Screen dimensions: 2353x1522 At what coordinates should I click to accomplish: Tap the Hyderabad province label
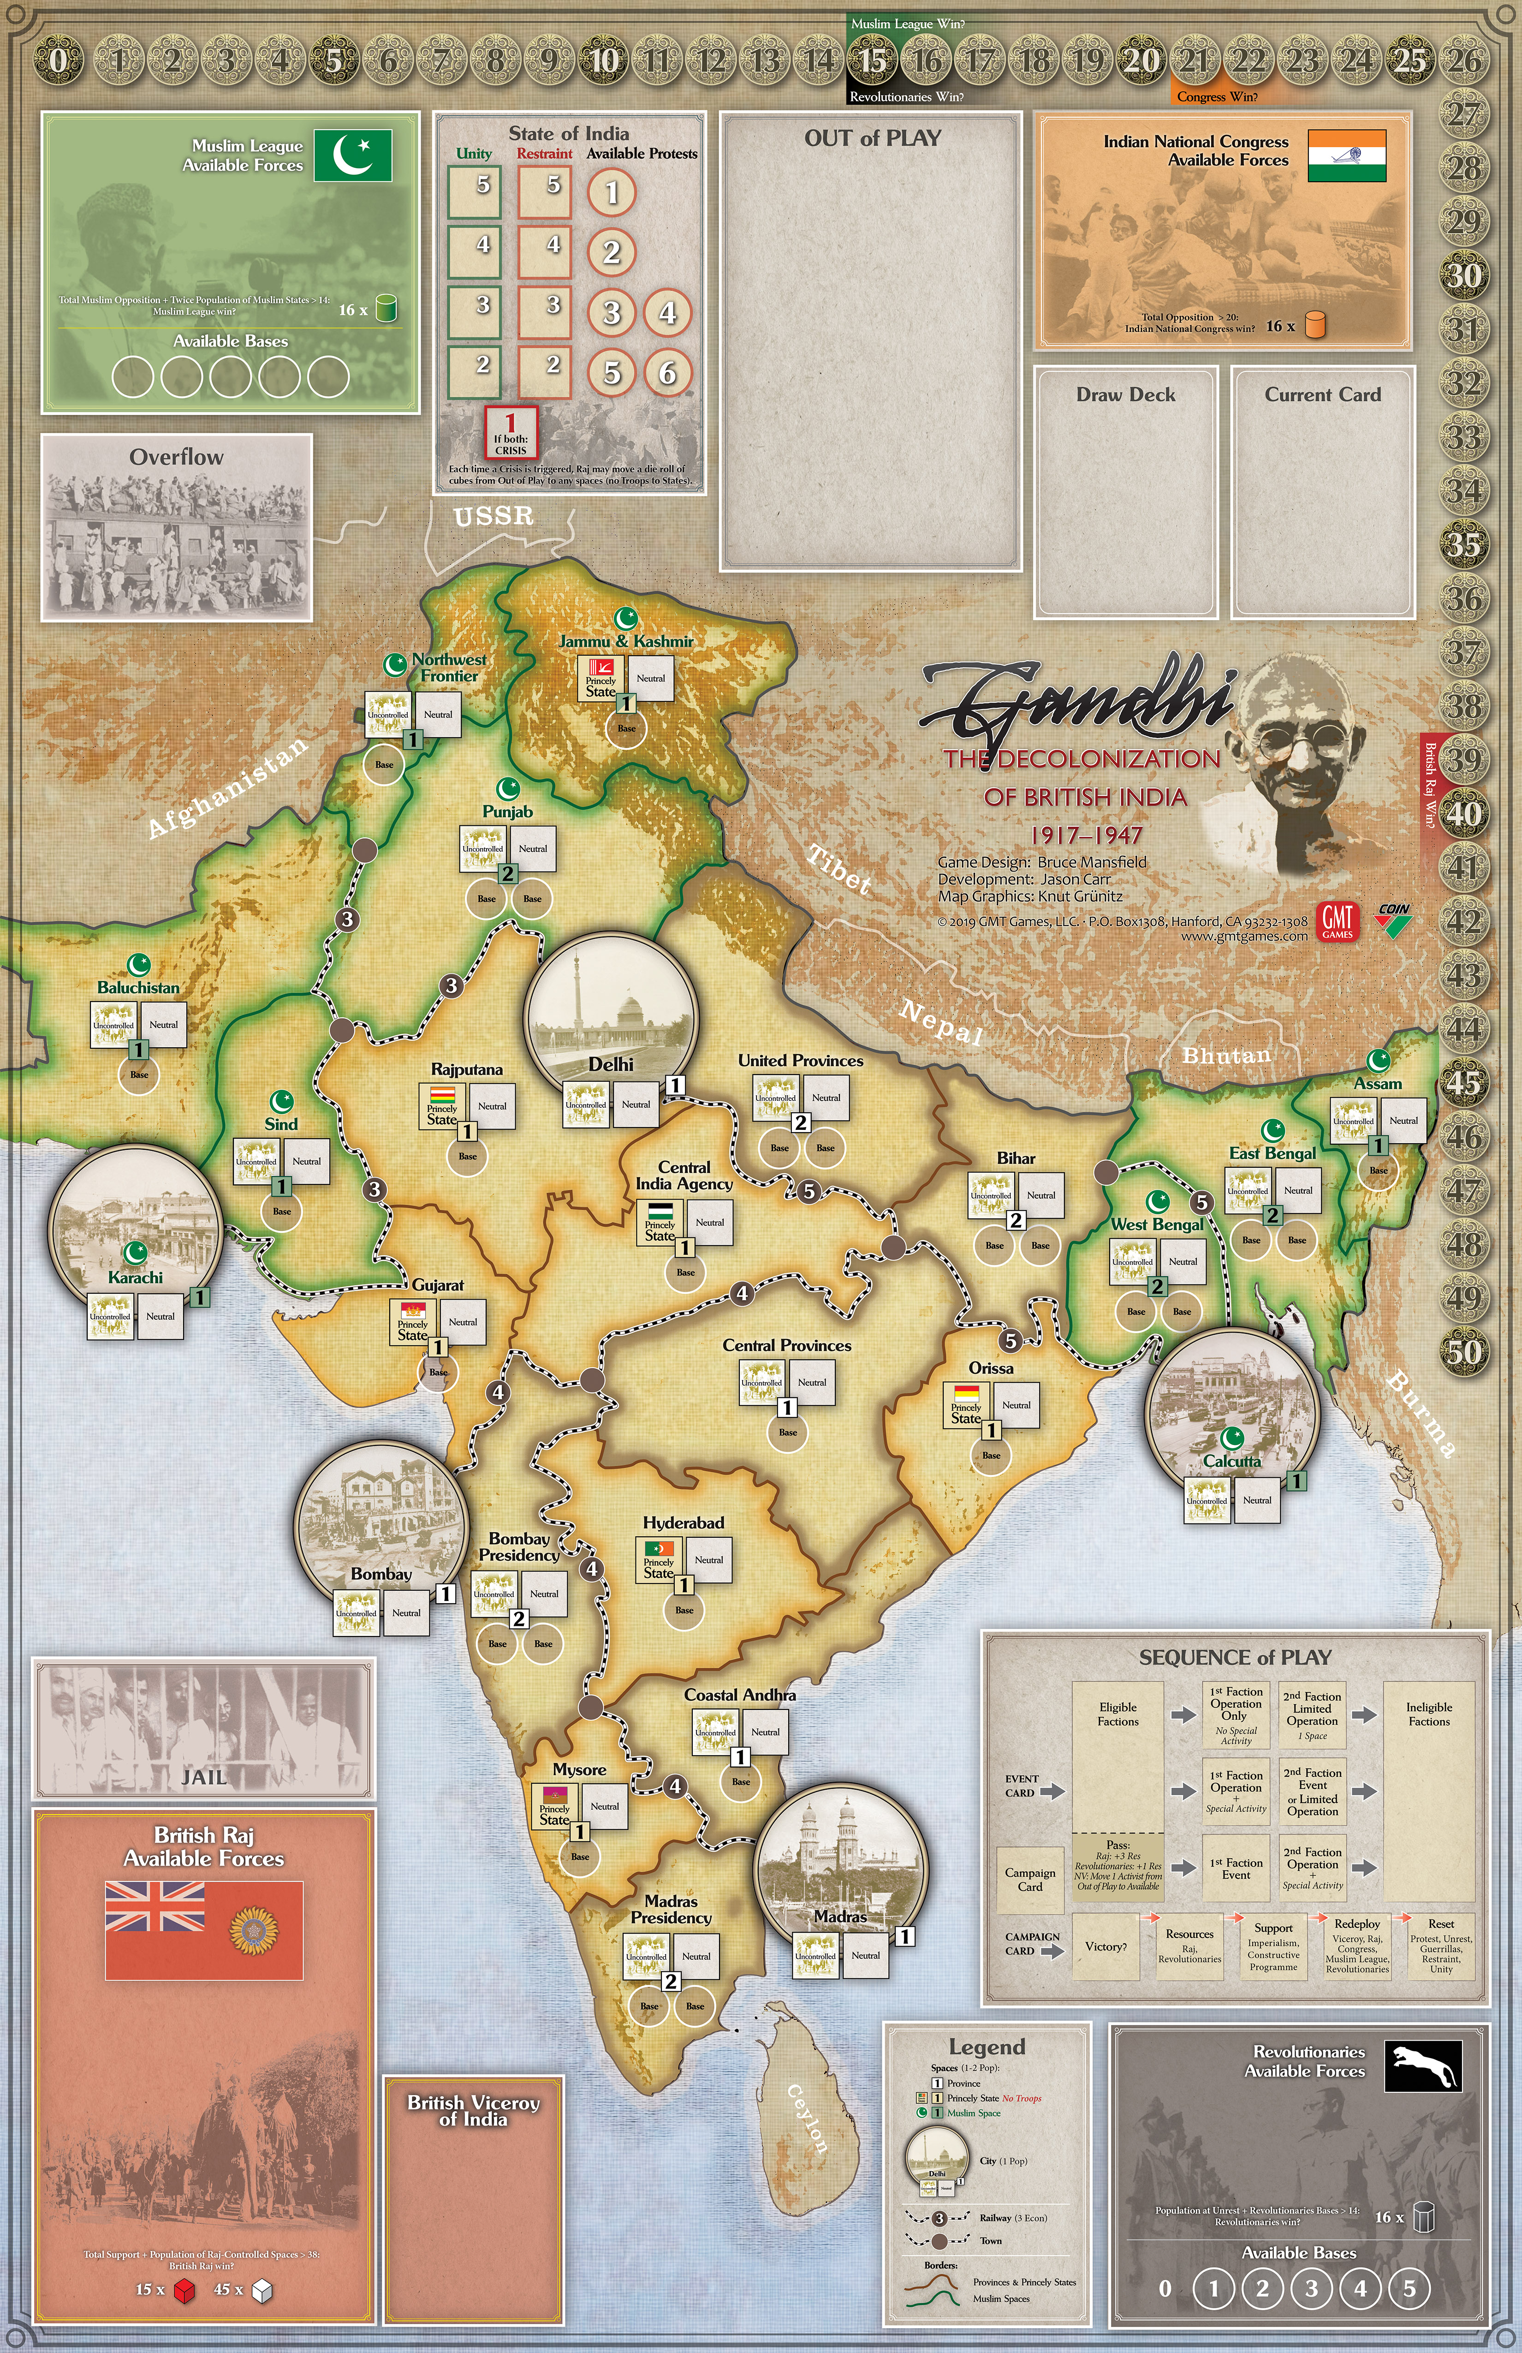point(683,1523)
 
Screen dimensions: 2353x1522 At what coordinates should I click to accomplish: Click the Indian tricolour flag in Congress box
point(1346,155)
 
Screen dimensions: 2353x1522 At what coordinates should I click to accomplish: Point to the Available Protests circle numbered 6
point(667,373)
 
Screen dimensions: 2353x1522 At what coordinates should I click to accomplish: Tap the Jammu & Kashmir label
point(625,641)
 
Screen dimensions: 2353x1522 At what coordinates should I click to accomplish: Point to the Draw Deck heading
point(1126,394)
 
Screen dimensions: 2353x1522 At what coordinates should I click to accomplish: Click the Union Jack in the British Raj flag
point(155,1905)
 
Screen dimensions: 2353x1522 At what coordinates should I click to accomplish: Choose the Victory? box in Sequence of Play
point(1106,1946)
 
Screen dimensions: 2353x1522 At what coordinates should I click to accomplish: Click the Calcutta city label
point(1231,1461)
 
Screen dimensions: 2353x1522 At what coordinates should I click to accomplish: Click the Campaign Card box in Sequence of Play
point(1030,1880)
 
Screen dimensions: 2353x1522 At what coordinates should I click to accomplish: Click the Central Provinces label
point(787,1345)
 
